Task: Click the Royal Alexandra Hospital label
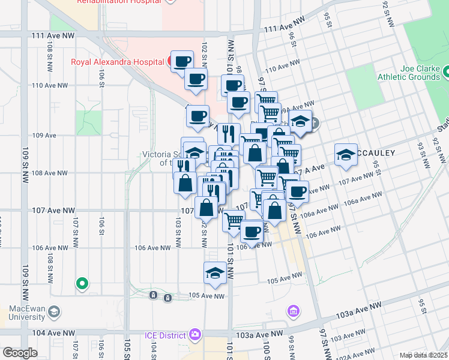point(118,61)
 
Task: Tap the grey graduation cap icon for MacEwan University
point(55,311)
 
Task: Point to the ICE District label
point(166,334)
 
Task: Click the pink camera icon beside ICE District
point(194,334)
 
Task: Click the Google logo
point(20,353)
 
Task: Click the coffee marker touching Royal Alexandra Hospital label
point(182,61)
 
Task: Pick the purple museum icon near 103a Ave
point(293,311)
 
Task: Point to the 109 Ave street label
point(44,135)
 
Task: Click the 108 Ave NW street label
point(49,173)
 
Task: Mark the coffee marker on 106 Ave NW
point(252,230)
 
